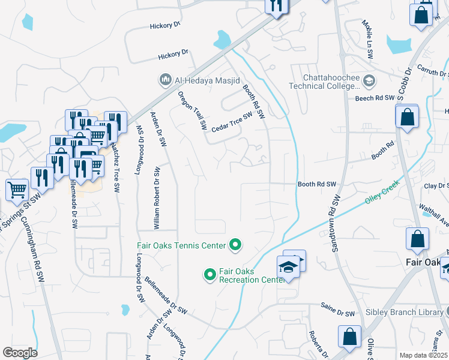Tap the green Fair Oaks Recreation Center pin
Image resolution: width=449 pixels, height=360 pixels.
pyautogui.click(x=209, y=275)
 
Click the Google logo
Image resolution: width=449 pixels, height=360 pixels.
pyautogui.click(x=20, y=353)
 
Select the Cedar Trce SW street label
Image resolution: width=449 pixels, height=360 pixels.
pyautogui.click(x=231, y=124)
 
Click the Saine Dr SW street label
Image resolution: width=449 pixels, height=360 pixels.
pyautogui.click(x=337, y=313)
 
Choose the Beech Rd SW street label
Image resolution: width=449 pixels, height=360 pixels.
pyautogui.click(x=374, y=97)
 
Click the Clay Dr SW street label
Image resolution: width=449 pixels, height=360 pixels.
pyautogui.click(x=436, y=186)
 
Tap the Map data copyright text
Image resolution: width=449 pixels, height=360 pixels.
pyautogui.click(x=424, y=355)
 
